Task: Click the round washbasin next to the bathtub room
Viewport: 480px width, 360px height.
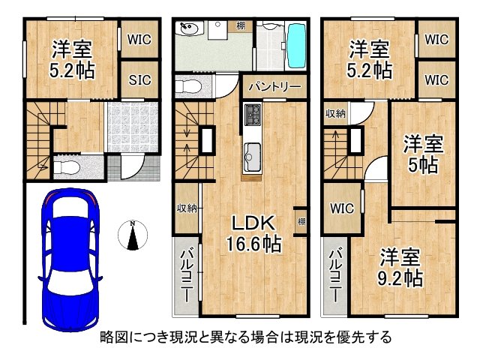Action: click(x=187, y=29)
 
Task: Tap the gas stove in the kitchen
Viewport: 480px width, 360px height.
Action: click(x=251, y=115)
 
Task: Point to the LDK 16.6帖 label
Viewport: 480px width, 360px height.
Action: click(x=255, y=233)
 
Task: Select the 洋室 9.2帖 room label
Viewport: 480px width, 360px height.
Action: click(x=399, y=266)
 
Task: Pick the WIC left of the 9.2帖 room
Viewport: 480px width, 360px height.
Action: click(x=341, y=207)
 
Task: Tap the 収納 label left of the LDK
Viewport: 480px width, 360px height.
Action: click(x=187, y=208)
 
